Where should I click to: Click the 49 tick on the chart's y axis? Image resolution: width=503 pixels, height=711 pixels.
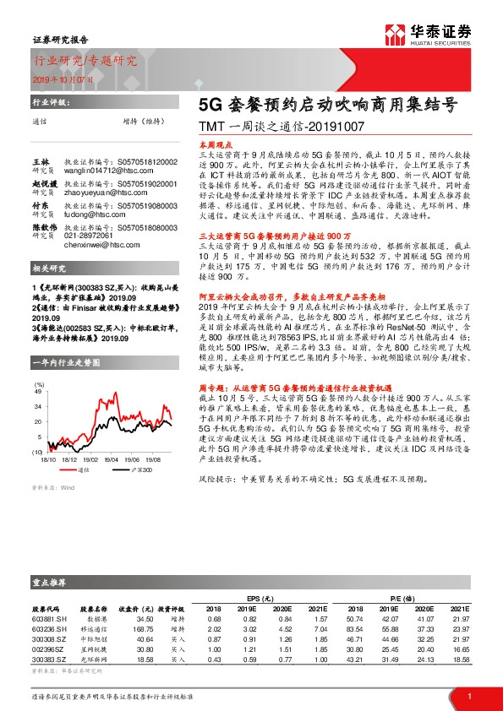39,392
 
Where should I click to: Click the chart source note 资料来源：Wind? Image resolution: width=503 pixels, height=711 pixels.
48,488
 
